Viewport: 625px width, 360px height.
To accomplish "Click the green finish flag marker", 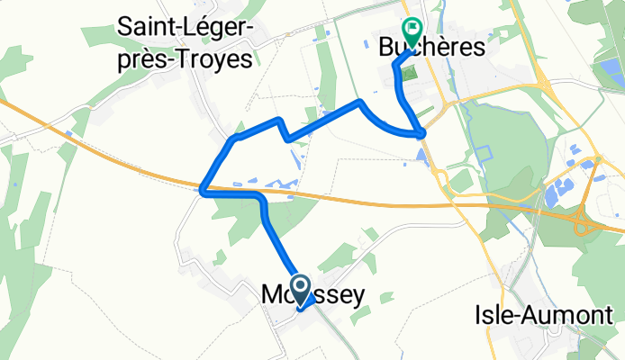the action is coord(412,31).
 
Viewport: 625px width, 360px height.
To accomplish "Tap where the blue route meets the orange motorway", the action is coord(205,190).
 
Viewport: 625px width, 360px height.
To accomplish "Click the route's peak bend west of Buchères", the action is coord(360,101).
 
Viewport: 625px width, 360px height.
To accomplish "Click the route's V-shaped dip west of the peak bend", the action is coord(288,139).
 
